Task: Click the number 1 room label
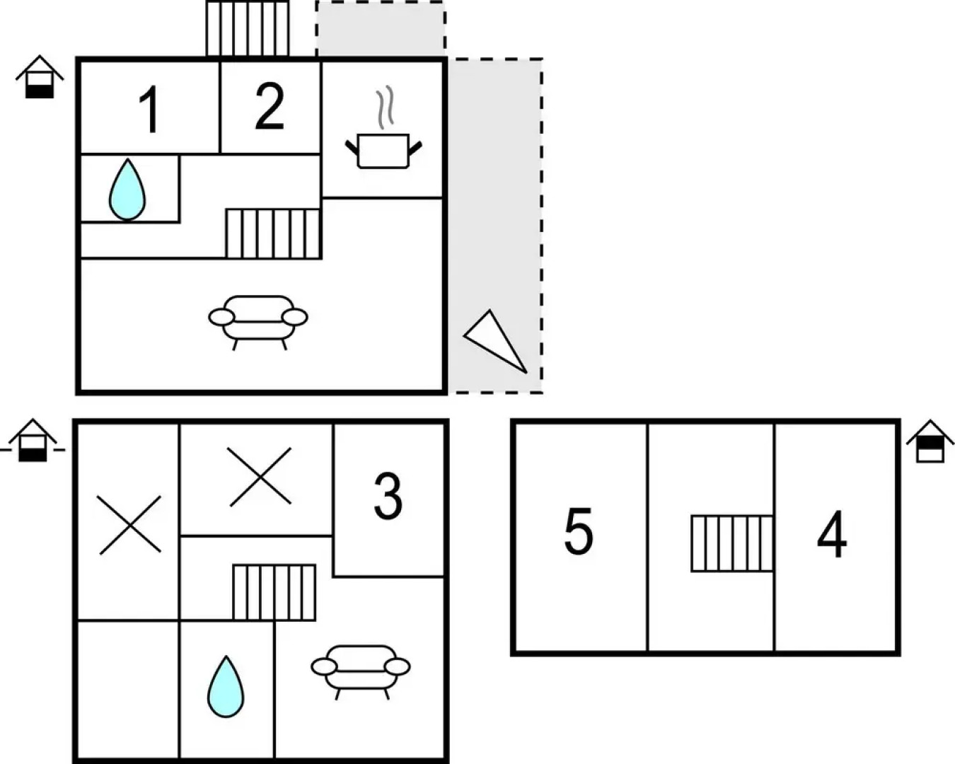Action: coord(149,110)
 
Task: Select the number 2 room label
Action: coord(270,107)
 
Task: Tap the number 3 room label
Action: coord(388,496)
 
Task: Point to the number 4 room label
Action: coord(832,536)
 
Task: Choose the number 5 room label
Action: coord(578,532)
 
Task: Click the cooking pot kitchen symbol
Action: coord(383,150)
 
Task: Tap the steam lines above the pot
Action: coord(384,108)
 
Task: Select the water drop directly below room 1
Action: coord(127,189)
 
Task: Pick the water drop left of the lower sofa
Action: coord(226,687)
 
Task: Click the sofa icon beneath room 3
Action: coord(361,669)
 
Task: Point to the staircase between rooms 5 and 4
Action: coord(731,543)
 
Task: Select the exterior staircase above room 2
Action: coord(248,28)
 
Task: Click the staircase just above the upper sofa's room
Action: coord(273,233)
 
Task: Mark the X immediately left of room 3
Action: coord(260,477)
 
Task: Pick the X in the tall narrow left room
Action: coord(129,524)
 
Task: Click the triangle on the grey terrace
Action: coord(497,340)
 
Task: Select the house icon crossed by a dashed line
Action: coord(33,440)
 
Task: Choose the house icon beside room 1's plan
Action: coord(40,76)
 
